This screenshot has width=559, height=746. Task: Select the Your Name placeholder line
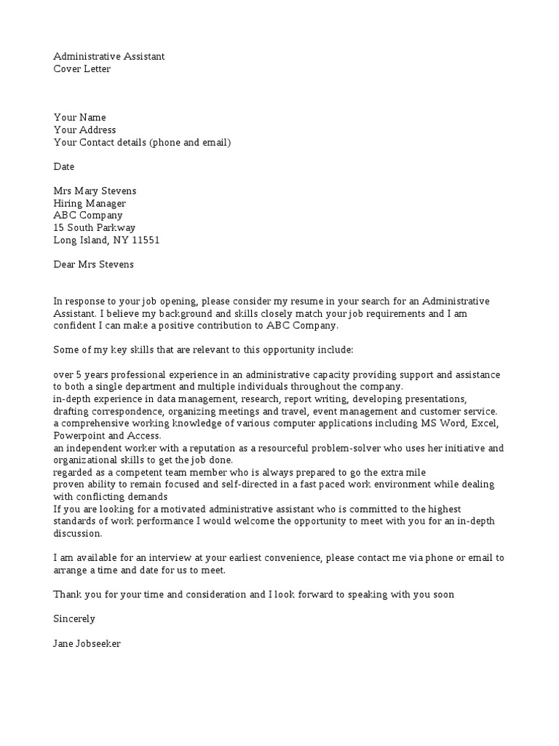pyautogui.click(x=79, y=117)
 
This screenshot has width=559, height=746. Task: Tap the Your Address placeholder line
pyautogui.click(x=84, y=130)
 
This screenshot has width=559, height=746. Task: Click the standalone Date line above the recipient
pyautogui.click(x=64, y=167)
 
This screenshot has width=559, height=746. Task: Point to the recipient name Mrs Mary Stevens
pyautogui.click(x=95, y=191)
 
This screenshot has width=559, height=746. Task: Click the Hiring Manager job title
pyautogui.click(x=90, y=203)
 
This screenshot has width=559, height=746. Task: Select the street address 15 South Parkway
pyautogui.click(x=94, y=228)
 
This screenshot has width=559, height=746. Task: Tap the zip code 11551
pyautogui.click(x=146, y=240)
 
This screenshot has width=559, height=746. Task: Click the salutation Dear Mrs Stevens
pyautogui.click(x=94, y=264)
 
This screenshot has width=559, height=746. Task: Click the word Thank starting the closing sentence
pyautogui.click(x=68, y=594)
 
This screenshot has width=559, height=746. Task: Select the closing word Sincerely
pyautogui.click(x=74, y=619)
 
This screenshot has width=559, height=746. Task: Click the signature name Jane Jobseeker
pyautogui.click(x=87, y=643)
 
